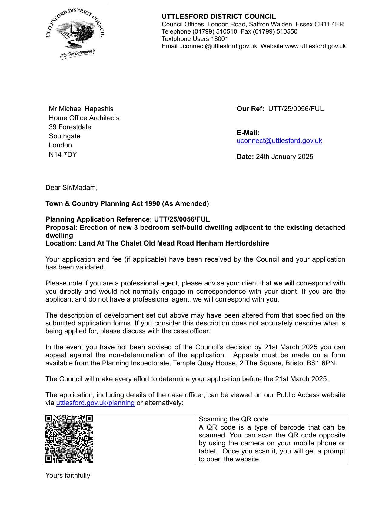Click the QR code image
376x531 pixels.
point(69,439)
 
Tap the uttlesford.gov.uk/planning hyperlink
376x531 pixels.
point(95,403)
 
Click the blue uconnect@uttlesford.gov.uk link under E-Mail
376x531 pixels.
point(279,141)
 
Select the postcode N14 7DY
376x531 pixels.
point(63,154)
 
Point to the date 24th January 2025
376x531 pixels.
point(284,157)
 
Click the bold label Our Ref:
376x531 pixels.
point(250,109)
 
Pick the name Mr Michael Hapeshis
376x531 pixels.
point(81,109)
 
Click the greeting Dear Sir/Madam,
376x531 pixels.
point(72,188)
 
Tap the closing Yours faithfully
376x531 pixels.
point(68,476)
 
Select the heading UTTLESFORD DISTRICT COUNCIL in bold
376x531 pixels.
point(218,17)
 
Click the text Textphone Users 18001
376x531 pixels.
point(195,39)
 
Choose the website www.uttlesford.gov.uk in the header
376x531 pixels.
point(315,46)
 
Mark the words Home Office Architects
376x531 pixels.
point(84,118)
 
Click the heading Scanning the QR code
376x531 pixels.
point(233,419)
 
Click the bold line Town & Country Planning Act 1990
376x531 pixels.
point(127,204)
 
